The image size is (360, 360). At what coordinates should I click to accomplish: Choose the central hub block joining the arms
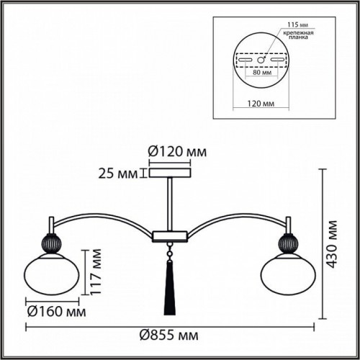pos(170,235)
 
